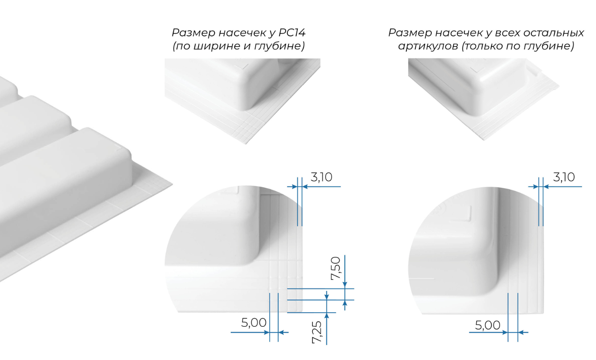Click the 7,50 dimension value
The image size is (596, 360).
click(336, 268)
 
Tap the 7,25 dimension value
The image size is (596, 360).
click(317, 332)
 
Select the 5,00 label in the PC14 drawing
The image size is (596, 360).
click(254, 323)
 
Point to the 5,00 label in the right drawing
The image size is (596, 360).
click(487, 325)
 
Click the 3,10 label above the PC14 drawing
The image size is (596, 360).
click(322, 177)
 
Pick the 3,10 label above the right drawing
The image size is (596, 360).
click(564, 177)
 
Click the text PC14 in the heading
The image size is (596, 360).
click(292, 33)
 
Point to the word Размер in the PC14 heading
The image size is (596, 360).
click(193, 33)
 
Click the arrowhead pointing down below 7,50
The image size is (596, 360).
click(345, 285)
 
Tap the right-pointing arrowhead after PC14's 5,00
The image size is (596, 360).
click(266, 332)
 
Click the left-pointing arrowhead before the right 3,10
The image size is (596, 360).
click(546, 187)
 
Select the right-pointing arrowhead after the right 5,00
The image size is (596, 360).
click(505, 332)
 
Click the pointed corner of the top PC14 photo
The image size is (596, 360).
click(246, 144)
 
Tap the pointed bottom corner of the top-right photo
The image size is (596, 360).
click(484, 140)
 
